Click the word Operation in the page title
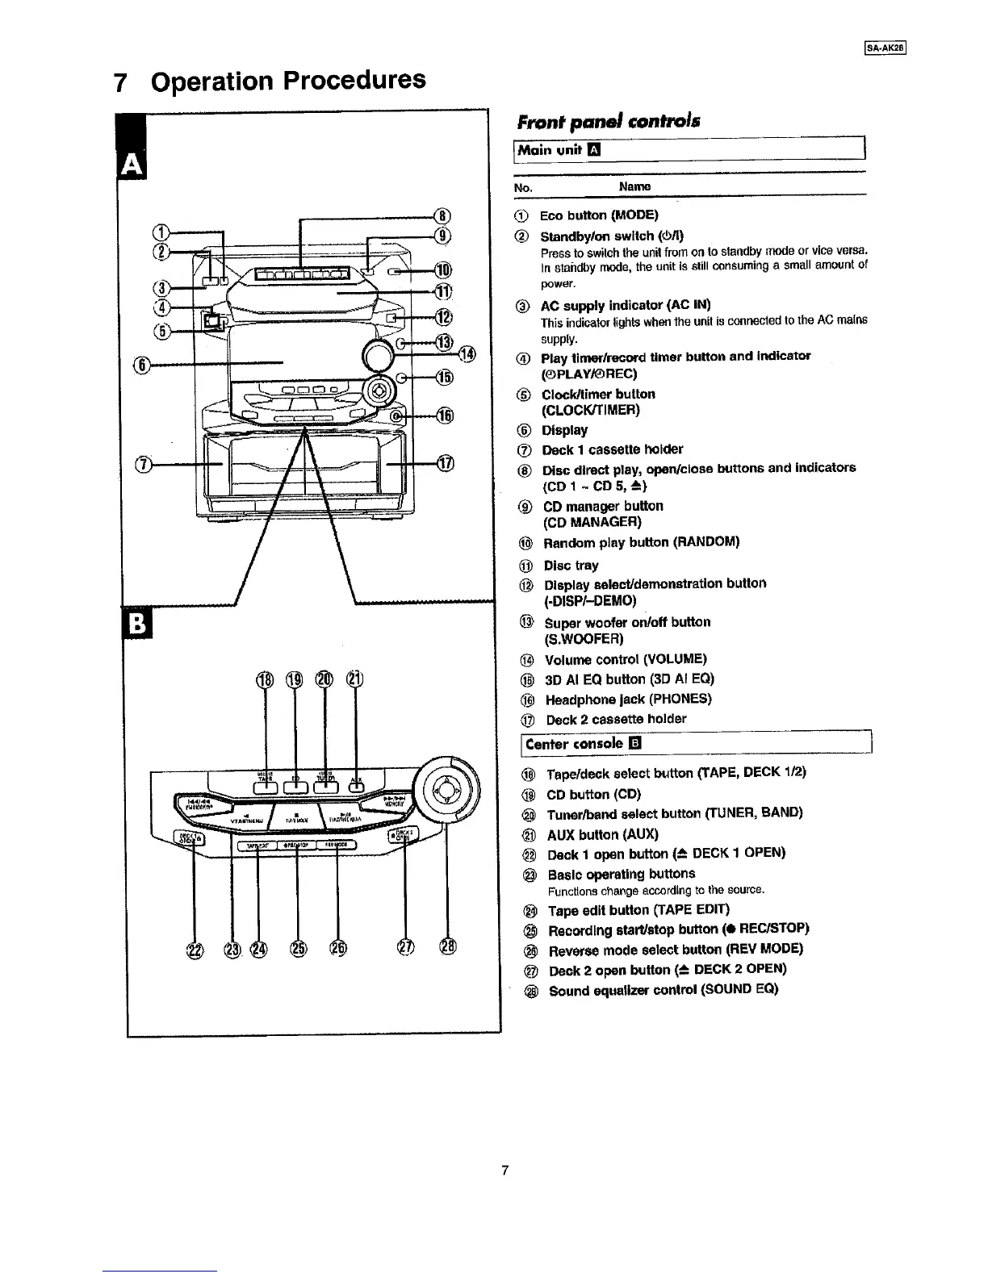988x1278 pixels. pyautogui.click(x=213, y=81)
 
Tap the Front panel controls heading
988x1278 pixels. pyautogui.click(x=607, y=122)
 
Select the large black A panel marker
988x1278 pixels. pyautogui.click(x=129, y=165)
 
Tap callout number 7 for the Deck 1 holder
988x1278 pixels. pyautogui.click(x=144, y=465)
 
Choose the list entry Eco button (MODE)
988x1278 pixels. pyautogui.click(x=598, y=215)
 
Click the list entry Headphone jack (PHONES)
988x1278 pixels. pyautogui.click(x=628, y=700)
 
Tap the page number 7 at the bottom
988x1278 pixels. pyautogui.click(x=504, y=1170)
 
